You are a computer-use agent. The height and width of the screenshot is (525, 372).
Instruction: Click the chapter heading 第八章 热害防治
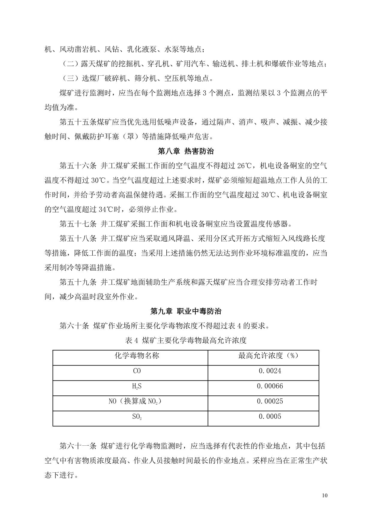(x=186, y=151)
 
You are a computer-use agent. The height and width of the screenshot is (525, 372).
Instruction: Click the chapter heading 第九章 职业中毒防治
(x=186, y=311)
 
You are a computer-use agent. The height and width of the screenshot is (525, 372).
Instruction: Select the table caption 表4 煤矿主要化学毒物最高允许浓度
(x=186, y=340)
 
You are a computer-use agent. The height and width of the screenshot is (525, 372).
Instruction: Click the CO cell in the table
(x=137, y=371)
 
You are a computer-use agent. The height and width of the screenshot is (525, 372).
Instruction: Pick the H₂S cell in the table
(x=137, y=386)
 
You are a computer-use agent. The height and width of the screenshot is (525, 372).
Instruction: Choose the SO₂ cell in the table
(x=137, y=417)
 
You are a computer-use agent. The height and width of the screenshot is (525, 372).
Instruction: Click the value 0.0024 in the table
(x=270, y=371)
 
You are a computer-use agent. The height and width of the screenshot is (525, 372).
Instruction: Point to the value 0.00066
(x=270, y=386)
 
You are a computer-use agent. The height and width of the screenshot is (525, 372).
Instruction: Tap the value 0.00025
(x=270, y=401)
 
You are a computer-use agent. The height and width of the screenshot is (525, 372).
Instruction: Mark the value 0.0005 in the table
(x=270, y=416)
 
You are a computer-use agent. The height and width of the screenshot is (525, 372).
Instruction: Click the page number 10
(x=325, y=495)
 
